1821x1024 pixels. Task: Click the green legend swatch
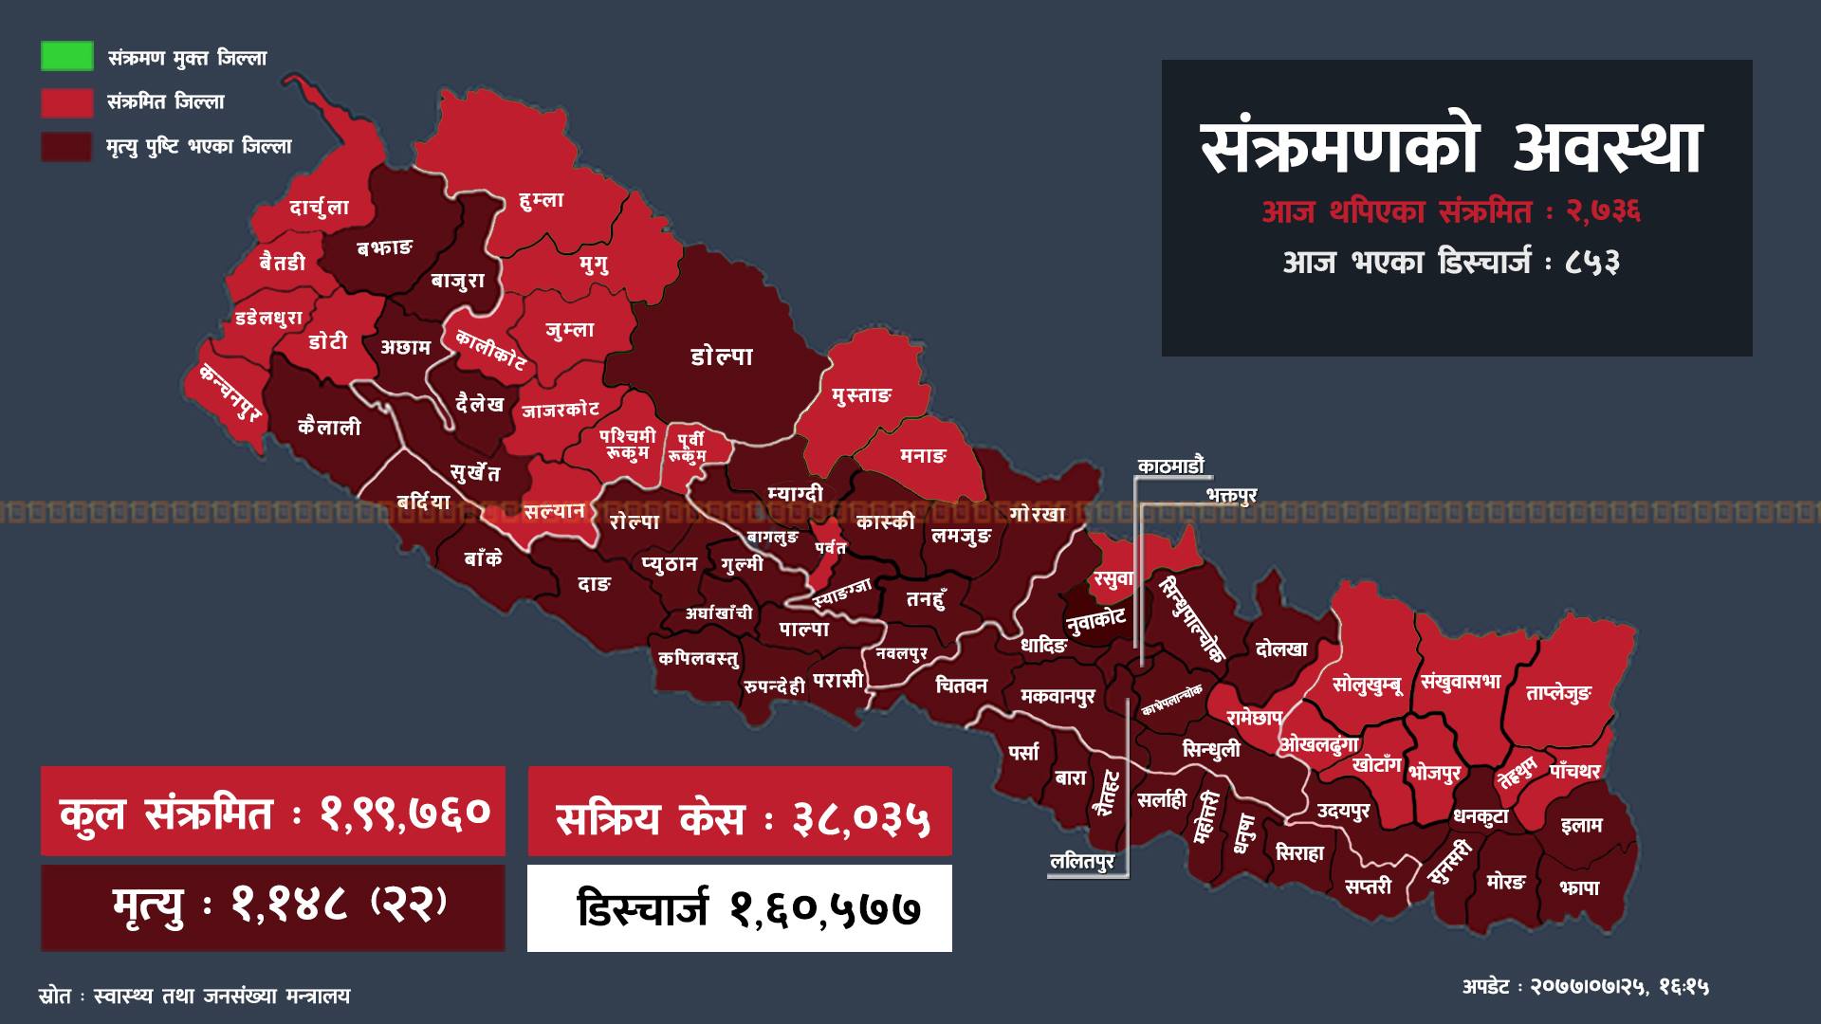click(66, 56)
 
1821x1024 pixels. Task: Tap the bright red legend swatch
click(66, 101)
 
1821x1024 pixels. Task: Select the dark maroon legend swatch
click(66, 146)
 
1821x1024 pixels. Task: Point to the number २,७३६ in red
click(1604, 211)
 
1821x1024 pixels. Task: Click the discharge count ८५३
click(1593, 262)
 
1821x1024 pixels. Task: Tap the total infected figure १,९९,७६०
click(405, 812)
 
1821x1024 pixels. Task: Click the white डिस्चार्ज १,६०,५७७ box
click(740, 908)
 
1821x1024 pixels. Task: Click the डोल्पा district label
click(722, 357)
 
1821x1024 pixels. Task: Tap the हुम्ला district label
click(542, 200)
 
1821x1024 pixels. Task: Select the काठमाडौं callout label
click(1170, 466)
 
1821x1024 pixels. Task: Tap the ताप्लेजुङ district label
click(1557, 693)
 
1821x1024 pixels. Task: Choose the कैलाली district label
click(329, 427)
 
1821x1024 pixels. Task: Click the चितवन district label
click(961, 685)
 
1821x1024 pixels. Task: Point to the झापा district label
click(1579, 887)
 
